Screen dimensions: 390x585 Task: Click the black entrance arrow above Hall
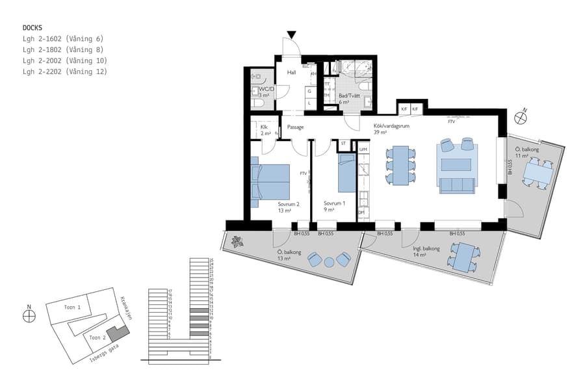point(292,34)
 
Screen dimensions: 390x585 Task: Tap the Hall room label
point(291,72)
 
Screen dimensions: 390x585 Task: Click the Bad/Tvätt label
point(348,96)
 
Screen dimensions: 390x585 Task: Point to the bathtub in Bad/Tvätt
point(356,68)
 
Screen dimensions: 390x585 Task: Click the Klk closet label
point(264,127)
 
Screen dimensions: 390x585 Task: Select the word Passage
point(295,127)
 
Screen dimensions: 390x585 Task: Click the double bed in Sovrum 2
point(270,181)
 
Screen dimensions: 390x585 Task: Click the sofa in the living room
point(458,185)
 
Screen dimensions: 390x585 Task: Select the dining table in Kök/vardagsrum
point(400,165)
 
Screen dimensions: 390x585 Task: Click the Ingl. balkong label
point(426,248)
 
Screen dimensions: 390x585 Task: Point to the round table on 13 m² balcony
point(329,261)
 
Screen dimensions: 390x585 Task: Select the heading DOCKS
point(32,28)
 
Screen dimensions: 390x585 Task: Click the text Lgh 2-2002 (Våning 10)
point(62,60)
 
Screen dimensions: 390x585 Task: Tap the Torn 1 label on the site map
point(72,307)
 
